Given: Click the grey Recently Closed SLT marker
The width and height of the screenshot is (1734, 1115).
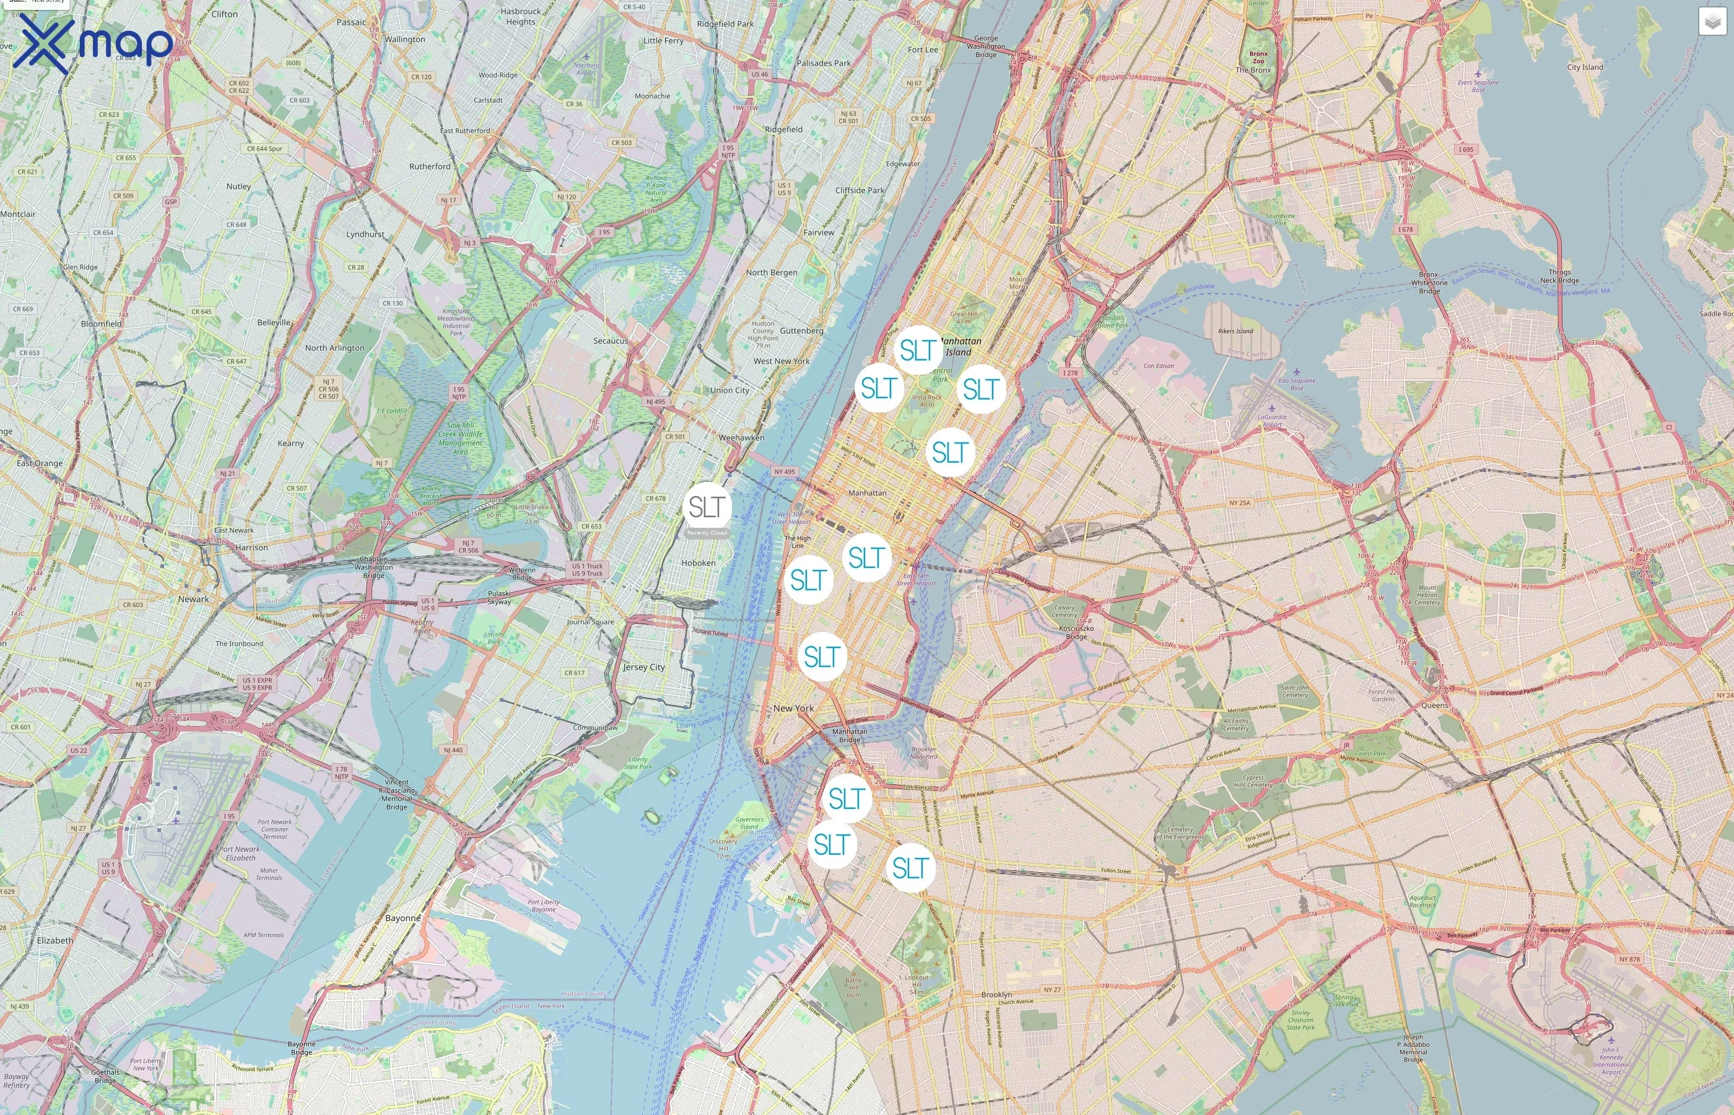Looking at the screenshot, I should [707, 507].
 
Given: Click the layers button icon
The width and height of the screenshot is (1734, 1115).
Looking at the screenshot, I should [1712, 22].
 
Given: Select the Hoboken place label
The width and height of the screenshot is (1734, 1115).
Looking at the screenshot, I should [699, 562].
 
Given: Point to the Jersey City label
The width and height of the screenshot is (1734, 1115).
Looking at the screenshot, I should [643, 667].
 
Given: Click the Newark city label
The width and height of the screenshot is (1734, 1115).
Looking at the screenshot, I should [193, 599].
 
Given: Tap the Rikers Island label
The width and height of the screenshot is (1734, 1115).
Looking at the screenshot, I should [1235, 331].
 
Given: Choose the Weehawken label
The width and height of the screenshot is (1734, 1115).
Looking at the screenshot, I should [741, 437].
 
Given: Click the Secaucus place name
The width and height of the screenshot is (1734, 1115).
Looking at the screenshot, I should [610, 340].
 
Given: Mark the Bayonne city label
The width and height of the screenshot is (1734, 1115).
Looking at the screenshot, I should [403, 917].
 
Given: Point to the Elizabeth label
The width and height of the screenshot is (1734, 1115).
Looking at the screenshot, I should [55, 940].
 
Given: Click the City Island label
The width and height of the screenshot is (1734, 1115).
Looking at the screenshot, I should [1585, 68].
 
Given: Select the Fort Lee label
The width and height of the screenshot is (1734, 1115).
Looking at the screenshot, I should [922, 49].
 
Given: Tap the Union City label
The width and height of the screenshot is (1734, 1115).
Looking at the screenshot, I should [730, 390].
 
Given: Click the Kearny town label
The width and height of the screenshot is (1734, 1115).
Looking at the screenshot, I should [290, 443].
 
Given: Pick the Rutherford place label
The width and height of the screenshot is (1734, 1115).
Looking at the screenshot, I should [429, 166].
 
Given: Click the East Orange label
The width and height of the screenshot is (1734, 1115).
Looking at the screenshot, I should [40, 463].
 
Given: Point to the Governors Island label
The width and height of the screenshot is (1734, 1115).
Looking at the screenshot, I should [749, 823].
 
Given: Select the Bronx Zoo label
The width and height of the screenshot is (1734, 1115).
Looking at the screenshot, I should [1258, 57].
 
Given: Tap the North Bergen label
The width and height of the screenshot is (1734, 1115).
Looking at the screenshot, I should [771, 272].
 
